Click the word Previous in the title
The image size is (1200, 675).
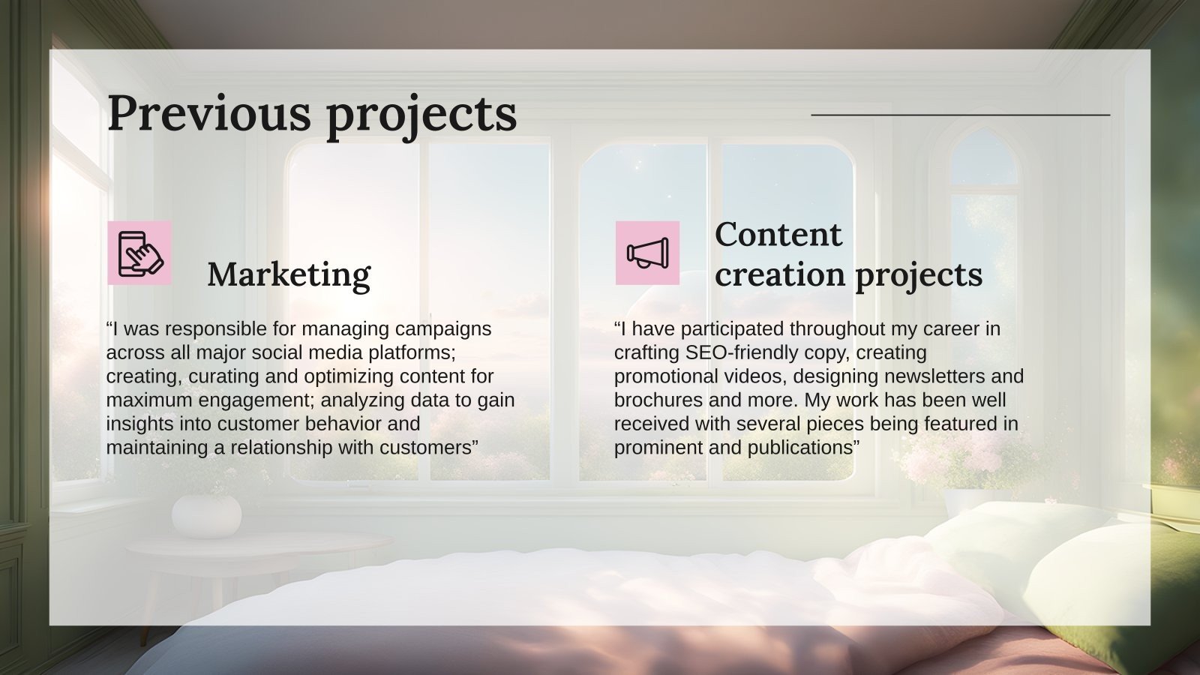[x=208, y=113]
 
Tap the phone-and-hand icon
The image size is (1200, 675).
[x=139, y=253]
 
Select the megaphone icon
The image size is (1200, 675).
[x=647, y=253]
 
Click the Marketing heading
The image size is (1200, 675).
[x=289, y=274]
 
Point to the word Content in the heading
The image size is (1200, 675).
[x=778, y=234]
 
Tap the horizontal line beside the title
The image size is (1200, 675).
[x=960, y=115]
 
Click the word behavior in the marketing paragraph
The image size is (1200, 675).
[x=337, y=424]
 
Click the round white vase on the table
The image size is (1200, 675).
[x=206, y=516]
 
